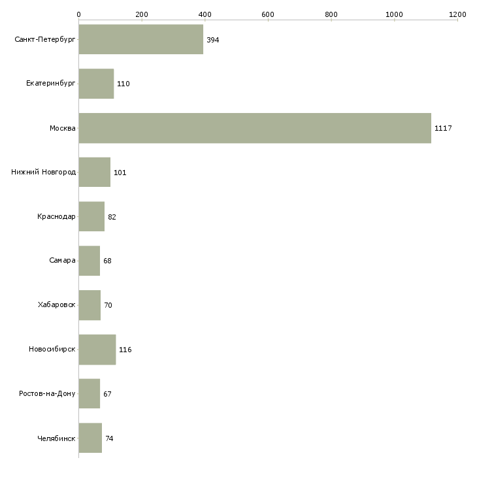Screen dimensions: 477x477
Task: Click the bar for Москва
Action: pos(255,128)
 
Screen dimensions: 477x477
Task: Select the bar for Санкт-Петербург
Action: pos(140,40)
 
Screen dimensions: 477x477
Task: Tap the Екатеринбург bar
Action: pos(96,84)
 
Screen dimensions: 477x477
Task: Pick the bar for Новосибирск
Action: pos(97,350)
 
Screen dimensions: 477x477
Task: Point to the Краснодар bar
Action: pos(91,216)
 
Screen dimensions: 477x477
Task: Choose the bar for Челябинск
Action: pos(90,438)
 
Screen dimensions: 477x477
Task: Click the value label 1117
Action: pos(443,128)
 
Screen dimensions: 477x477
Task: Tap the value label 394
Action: pos(212,40)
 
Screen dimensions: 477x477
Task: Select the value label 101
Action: pos(120,173)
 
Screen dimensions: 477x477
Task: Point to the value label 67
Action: pos(108,394)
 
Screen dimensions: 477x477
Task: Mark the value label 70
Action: pos(108,305)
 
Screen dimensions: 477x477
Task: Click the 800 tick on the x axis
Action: pos(331,14)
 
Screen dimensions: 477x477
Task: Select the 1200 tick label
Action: pos(457,14)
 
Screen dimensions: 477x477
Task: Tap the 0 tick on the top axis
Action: pos(78,14)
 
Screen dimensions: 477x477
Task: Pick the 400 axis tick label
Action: pos(205,14)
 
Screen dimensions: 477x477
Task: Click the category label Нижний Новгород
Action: pos(44,173)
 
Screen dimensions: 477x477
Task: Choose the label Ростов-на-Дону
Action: pos(47,394)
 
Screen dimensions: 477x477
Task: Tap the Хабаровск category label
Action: pos(56,305)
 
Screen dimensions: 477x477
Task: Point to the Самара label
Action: pos(62,261)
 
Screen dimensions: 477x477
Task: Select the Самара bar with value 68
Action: pos(89,261)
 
